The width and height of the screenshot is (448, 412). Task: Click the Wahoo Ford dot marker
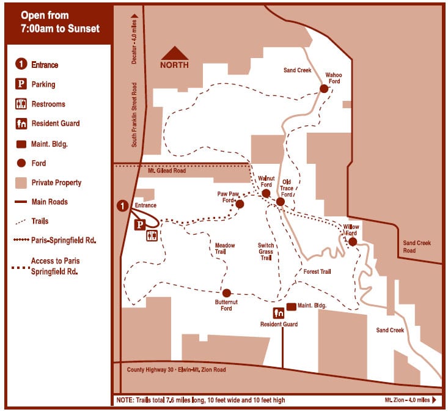click(x=324, y=89)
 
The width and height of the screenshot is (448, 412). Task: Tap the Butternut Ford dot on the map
click(x=227, y=293)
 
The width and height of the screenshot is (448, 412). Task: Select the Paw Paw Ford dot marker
click(x=240, y=204)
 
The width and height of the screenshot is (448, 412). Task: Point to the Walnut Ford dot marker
click(x=266, y=194)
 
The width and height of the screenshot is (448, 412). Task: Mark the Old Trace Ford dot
click(x=281, y=201)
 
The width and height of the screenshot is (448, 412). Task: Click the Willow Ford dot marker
click(x=353, y=241)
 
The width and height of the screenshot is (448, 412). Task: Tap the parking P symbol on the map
click(x=139, y=224)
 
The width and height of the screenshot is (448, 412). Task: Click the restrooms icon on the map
click(x=152, y=235)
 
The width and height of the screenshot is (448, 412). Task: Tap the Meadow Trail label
click(x=225, y=249)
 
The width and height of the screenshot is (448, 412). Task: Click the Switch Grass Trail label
click(x=265, y=251)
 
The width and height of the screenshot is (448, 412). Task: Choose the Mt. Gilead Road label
click(x=167, y=171)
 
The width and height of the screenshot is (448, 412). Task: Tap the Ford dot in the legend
click(x=21, y=163)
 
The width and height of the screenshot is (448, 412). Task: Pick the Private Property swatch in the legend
click(x=21, y=182)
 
